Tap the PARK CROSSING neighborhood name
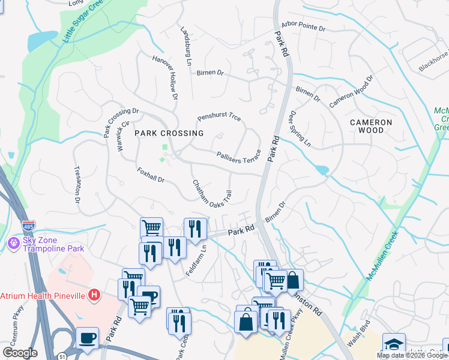coord(169,133)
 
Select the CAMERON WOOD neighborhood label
coord(372,127)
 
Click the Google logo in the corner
coord(20,353)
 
